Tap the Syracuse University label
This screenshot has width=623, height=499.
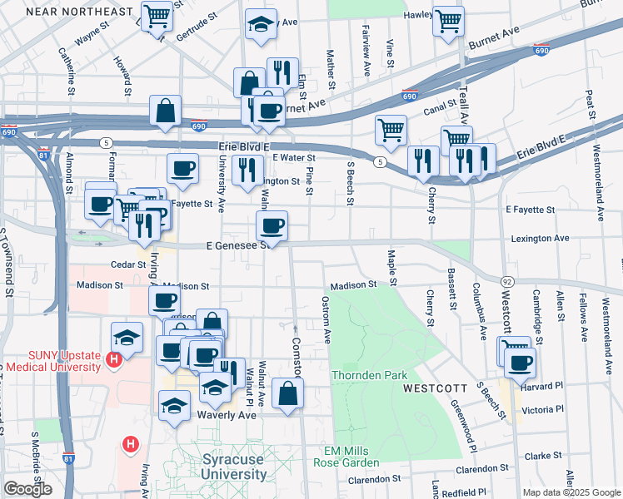[x=236, y=467]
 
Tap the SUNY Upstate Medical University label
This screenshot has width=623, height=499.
[x=52, y=361]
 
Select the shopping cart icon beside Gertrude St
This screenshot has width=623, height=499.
[x=157, y=16]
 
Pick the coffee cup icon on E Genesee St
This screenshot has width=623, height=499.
[x=272, y=225]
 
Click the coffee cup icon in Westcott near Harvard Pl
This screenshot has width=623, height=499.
[x=520, y=362]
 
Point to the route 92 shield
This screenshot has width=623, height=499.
[x=506, y=283]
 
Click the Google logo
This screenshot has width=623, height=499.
[x=27, y=489]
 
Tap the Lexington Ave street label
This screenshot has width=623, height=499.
[x=539, y=238]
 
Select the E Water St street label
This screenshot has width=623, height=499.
[x=294, y=157]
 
